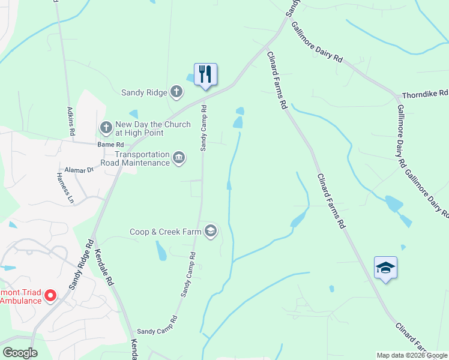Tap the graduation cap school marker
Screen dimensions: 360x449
(x=385, y=268)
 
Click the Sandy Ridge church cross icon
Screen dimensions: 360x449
(x=176, y=92)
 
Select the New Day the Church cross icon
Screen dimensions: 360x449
(x=106, y=128)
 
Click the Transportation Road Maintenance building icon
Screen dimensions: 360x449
(x=179, y=158)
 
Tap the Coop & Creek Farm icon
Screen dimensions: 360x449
(x=210, y=231)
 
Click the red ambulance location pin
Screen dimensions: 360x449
(x=50, y=295)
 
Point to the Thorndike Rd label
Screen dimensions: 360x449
(x=425, y=94)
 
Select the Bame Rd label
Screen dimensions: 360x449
(x=110, y=145)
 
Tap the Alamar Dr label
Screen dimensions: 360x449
(x=81, y=170)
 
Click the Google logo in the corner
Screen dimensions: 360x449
(x=20, y=353)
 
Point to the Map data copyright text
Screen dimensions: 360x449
(x=411, y=355)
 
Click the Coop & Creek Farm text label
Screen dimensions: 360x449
(x=166, y=232)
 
